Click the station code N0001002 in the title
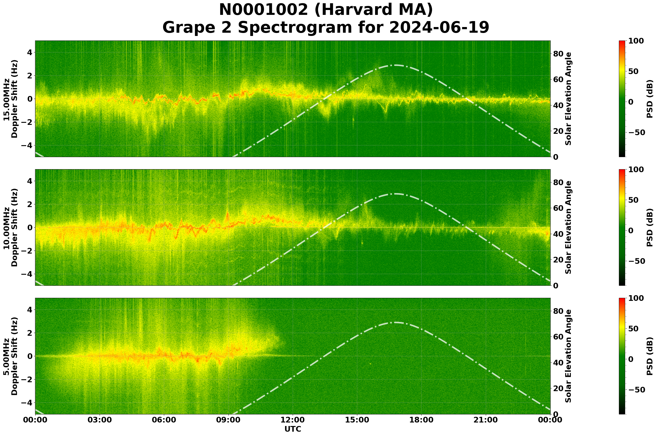pos(263,10)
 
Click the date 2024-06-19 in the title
pos(439,28)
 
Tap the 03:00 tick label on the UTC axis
pos(99,420)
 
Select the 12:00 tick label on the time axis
pos(293,420)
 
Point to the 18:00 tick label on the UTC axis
pos(422,420)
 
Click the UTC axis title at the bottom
pos(293,429)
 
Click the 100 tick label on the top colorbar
pos(636,41)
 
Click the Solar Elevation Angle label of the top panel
pos(568,99)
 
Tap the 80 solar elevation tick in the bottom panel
pos(558,311)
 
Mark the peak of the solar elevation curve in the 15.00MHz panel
pos(395,65)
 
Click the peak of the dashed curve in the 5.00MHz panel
pos(395,322)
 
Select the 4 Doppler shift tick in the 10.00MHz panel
pos(29,181)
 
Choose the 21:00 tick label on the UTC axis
pos(486,420)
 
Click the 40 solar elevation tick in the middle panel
pos(558,234)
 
